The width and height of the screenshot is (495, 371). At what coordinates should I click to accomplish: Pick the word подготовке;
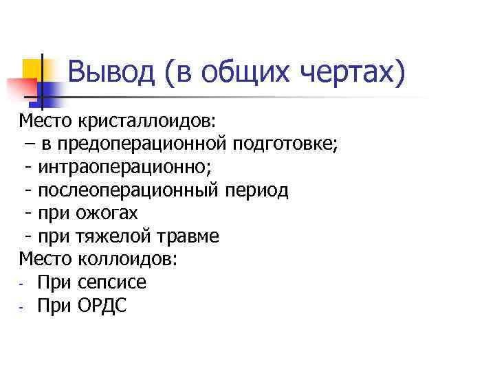[285, 144]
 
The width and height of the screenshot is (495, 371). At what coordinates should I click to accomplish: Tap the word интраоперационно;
[111, 167]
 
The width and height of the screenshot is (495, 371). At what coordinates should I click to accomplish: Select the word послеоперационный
[131, 190]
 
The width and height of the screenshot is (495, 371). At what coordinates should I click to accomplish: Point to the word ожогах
[107, 213]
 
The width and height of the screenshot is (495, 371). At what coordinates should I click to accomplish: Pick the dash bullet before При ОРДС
[23, 306]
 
